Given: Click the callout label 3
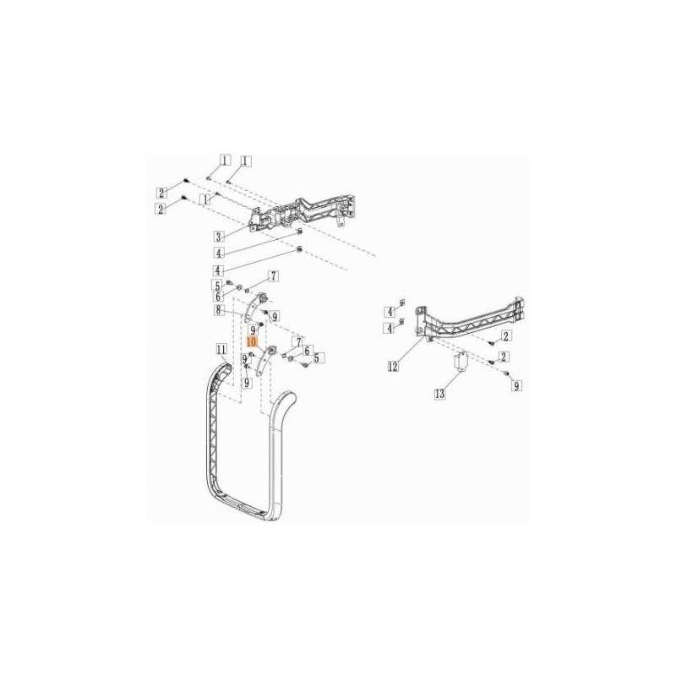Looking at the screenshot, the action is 219,237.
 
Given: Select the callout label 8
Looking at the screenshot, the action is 219,309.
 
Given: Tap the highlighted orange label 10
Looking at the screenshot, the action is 252,342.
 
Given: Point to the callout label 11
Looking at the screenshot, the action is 221,349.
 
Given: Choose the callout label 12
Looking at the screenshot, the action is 393,367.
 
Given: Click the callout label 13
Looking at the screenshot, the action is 439,393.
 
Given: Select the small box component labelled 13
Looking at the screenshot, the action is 461,361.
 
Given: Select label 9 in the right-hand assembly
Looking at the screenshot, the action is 516,386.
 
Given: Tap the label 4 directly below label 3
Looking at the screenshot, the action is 219,253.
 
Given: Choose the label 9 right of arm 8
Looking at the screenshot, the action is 274,316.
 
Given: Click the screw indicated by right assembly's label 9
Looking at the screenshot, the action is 506,373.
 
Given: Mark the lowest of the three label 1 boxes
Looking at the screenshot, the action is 206,199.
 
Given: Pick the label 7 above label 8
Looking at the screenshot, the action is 273,276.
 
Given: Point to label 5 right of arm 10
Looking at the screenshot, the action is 319,357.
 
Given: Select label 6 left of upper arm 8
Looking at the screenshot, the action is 218,297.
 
